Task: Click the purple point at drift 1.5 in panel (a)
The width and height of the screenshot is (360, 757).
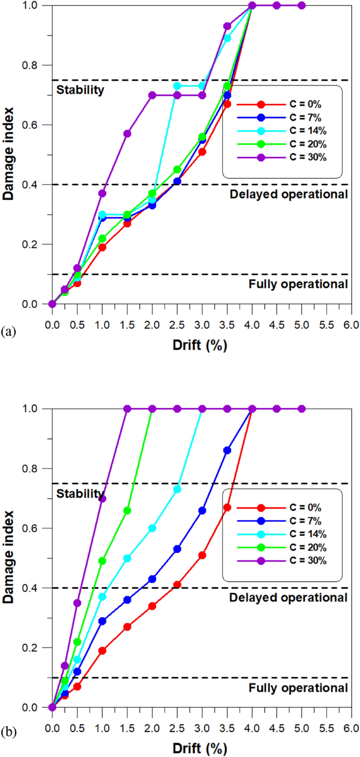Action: [127, 133]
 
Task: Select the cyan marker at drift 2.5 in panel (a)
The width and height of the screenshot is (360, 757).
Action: [177, 86]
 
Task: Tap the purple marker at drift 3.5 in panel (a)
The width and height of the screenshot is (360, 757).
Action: [227, 26]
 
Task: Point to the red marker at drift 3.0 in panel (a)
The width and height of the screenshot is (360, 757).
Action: [202, 152]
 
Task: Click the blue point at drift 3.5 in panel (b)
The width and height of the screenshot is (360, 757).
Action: [227, 450]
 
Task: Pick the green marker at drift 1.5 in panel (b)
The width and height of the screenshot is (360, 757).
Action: [127, 510]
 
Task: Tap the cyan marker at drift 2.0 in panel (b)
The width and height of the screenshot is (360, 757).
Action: [152, 528]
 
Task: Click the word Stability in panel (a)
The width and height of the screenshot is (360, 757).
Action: [80, 89]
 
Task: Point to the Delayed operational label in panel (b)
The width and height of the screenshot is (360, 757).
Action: [289, 597]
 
